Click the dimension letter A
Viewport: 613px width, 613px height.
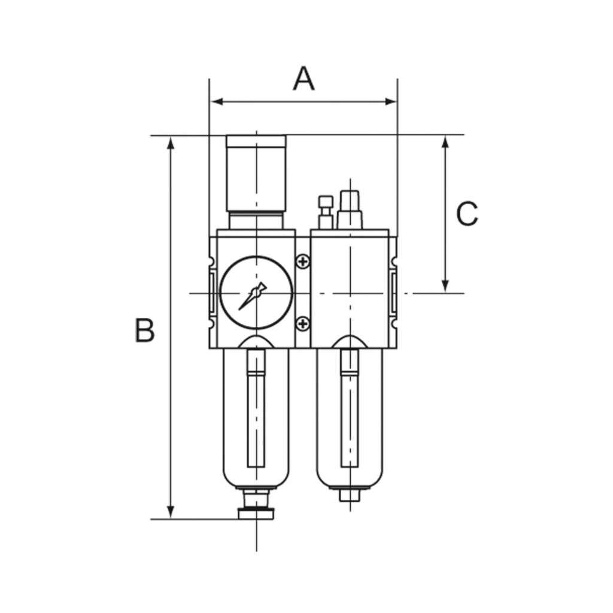304,79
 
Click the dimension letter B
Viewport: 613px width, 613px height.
145,330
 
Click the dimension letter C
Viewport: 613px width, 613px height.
467,214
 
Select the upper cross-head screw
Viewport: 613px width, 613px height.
304,261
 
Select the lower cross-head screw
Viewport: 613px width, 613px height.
304,324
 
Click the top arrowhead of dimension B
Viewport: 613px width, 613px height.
171,142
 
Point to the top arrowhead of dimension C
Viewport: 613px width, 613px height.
445,142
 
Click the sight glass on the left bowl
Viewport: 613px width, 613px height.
256,413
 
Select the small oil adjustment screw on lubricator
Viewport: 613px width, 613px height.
325,211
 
